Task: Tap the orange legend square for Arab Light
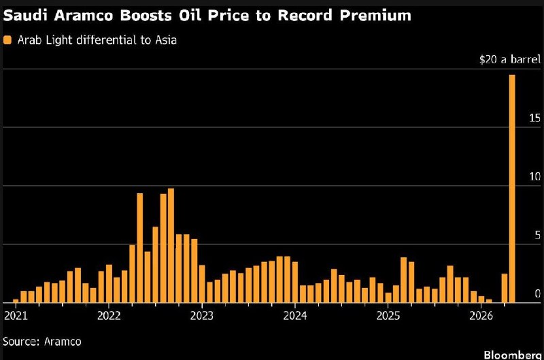7,40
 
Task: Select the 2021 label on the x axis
16,316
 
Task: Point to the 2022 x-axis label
109,316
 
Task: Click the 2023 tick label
202,316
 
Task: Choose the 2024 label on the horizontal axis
295,316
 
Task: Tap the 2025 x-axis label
388,316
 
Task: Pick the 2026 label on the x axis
481,316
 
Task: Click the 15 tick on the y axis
534,118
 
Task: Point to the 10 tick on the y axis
534,177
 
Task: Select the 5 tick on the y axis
537,235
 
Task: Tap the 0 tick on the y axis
537,294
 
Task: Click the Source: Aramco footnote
42,341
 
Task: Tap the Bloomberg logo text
513,355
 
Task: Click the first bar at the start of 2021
16,300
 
